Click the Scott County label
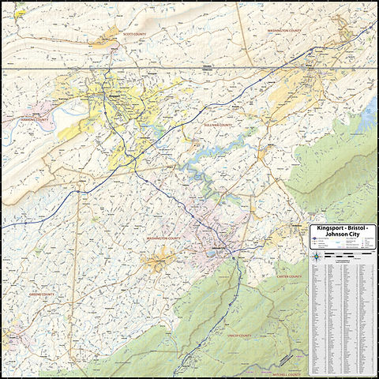tap(134, 34)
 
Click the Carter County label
tap(289, 277)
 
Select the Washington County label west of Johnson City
tap(163, 238)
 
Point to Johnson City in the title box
tap(344, 234)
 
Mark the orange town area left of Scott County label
tap(103, 39)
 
